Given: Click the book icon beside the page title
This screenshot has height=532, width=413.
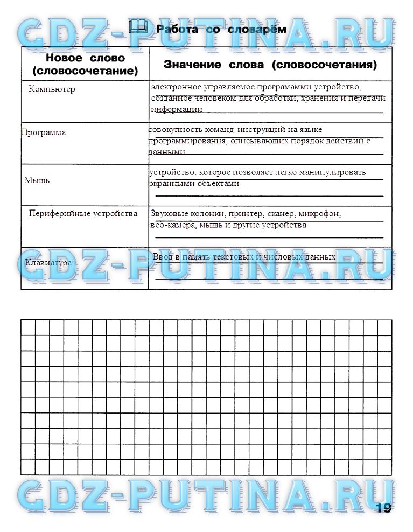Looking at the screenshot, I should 139,27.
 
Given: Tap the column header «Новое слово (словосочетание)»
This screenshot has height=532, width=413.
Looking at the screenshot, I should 85,64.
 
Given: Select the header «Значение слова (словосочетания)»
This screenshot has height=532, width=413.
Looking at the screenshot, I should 270,65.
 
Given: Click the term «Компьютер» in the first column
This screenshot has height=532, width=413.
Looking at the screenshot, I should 52,89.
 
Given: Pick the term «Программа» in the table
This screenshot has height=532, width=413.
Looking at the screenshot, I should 44,132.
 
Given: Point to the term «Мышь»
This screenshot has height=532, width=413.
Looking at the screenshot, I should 37,180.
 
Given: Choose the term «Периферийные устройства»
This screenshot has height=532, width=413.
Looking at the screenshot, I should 83,214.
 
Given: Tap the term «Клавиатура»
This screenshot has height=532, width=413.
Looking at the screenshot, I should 48,263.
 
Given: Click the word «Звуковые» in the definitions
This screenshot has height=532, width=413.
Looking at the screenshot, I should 168,214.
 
